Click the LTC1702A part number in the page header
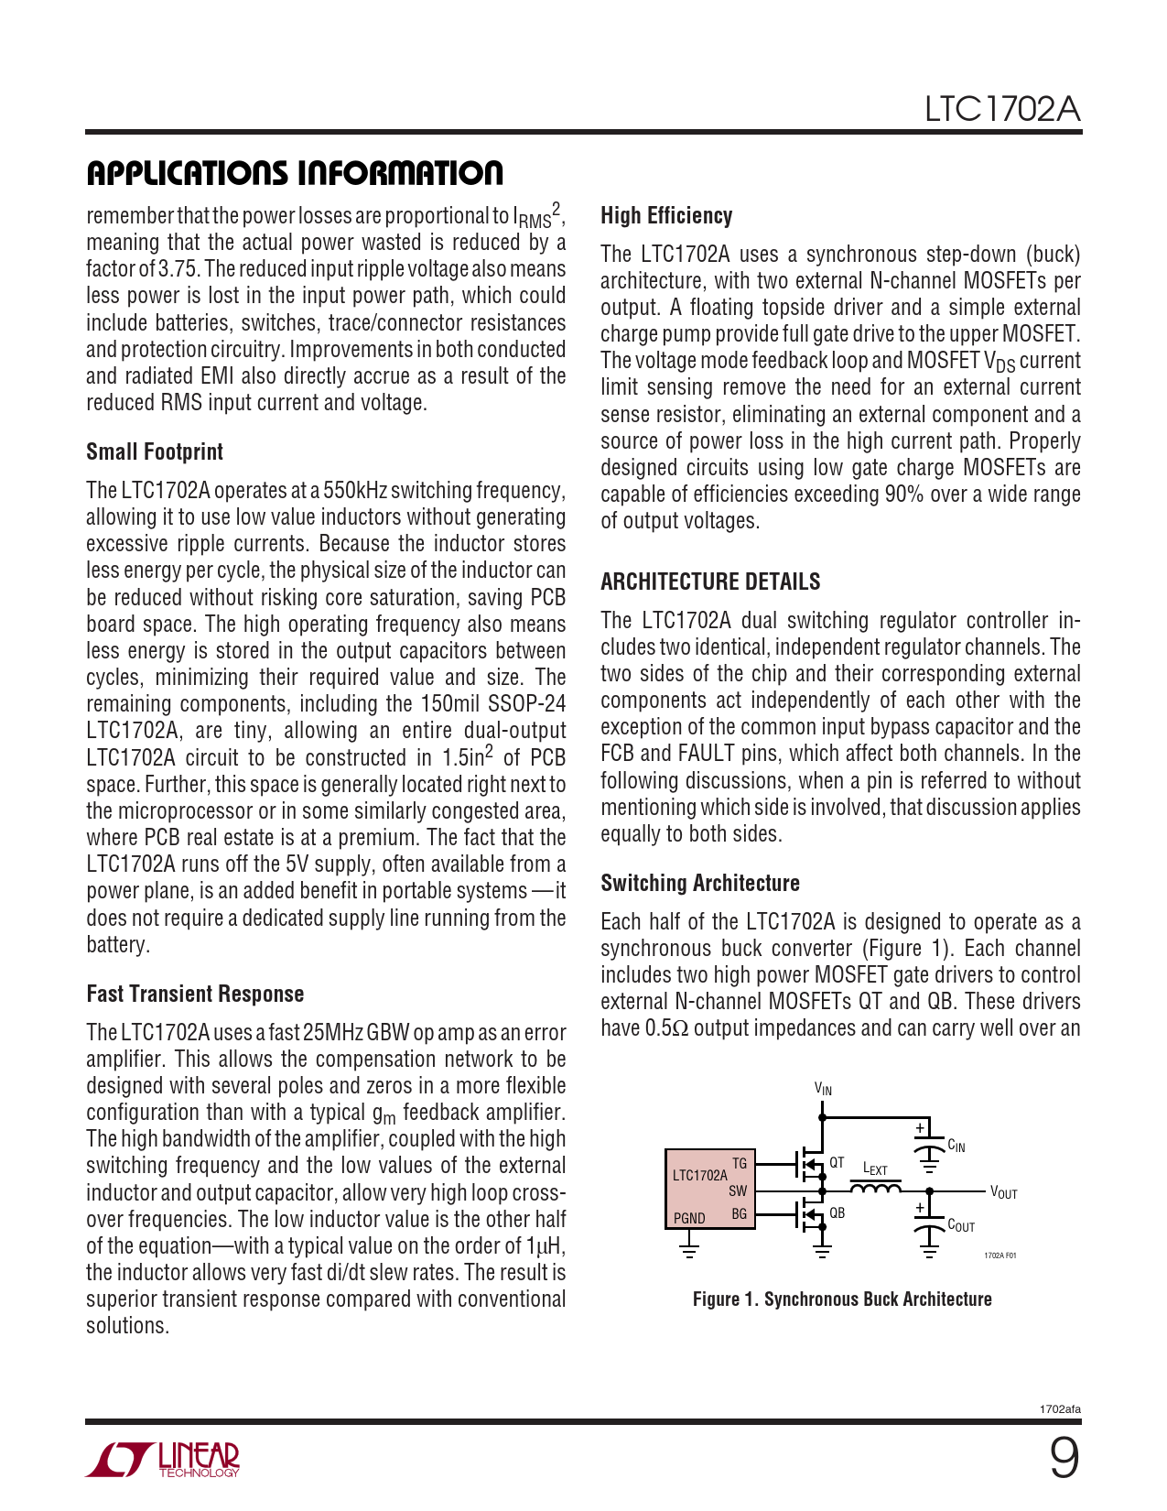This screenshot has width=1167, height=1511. coord(1001,109)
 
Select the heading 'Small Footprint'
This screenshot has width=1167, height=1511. coord(155,451)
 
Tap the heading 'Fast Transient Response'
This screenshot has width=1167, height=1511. coord(195,994)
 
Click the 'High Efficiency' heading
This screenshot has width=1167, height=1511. coord(666,215)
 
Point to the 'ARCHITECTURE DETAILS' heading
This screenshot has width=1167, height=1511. coord(710,582)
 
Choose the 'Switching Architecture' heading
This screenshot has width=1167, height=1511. coord(700,883)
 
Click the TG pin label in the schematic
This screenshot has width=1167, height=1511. coord(740,1163)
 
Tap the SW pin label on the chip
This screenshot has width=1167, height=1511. coord(738,1190)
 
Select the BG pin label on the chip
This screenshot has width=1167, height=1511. coord(740,1214)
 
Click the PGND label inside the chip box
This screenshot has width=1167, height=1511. coord(689,1218)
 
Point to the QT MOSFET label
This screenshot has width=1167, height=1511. coord(837,1162)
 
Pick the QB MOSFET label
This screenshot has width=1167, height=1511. coord(837,1212)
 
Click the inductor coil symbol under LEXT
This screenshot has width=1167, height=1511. coord(875,1189)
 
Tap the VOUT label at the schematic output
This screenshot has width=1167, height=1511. coord(1003,1193)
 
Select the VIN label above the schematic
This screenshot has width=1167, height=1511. coord(823,1089)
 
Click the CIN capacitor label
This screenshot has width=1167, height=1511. coord(956,1146)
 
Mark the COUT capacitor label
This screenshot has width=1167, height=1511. coord(960,1225)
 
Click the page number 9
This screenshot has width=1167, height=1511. coord(1064,1458)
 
